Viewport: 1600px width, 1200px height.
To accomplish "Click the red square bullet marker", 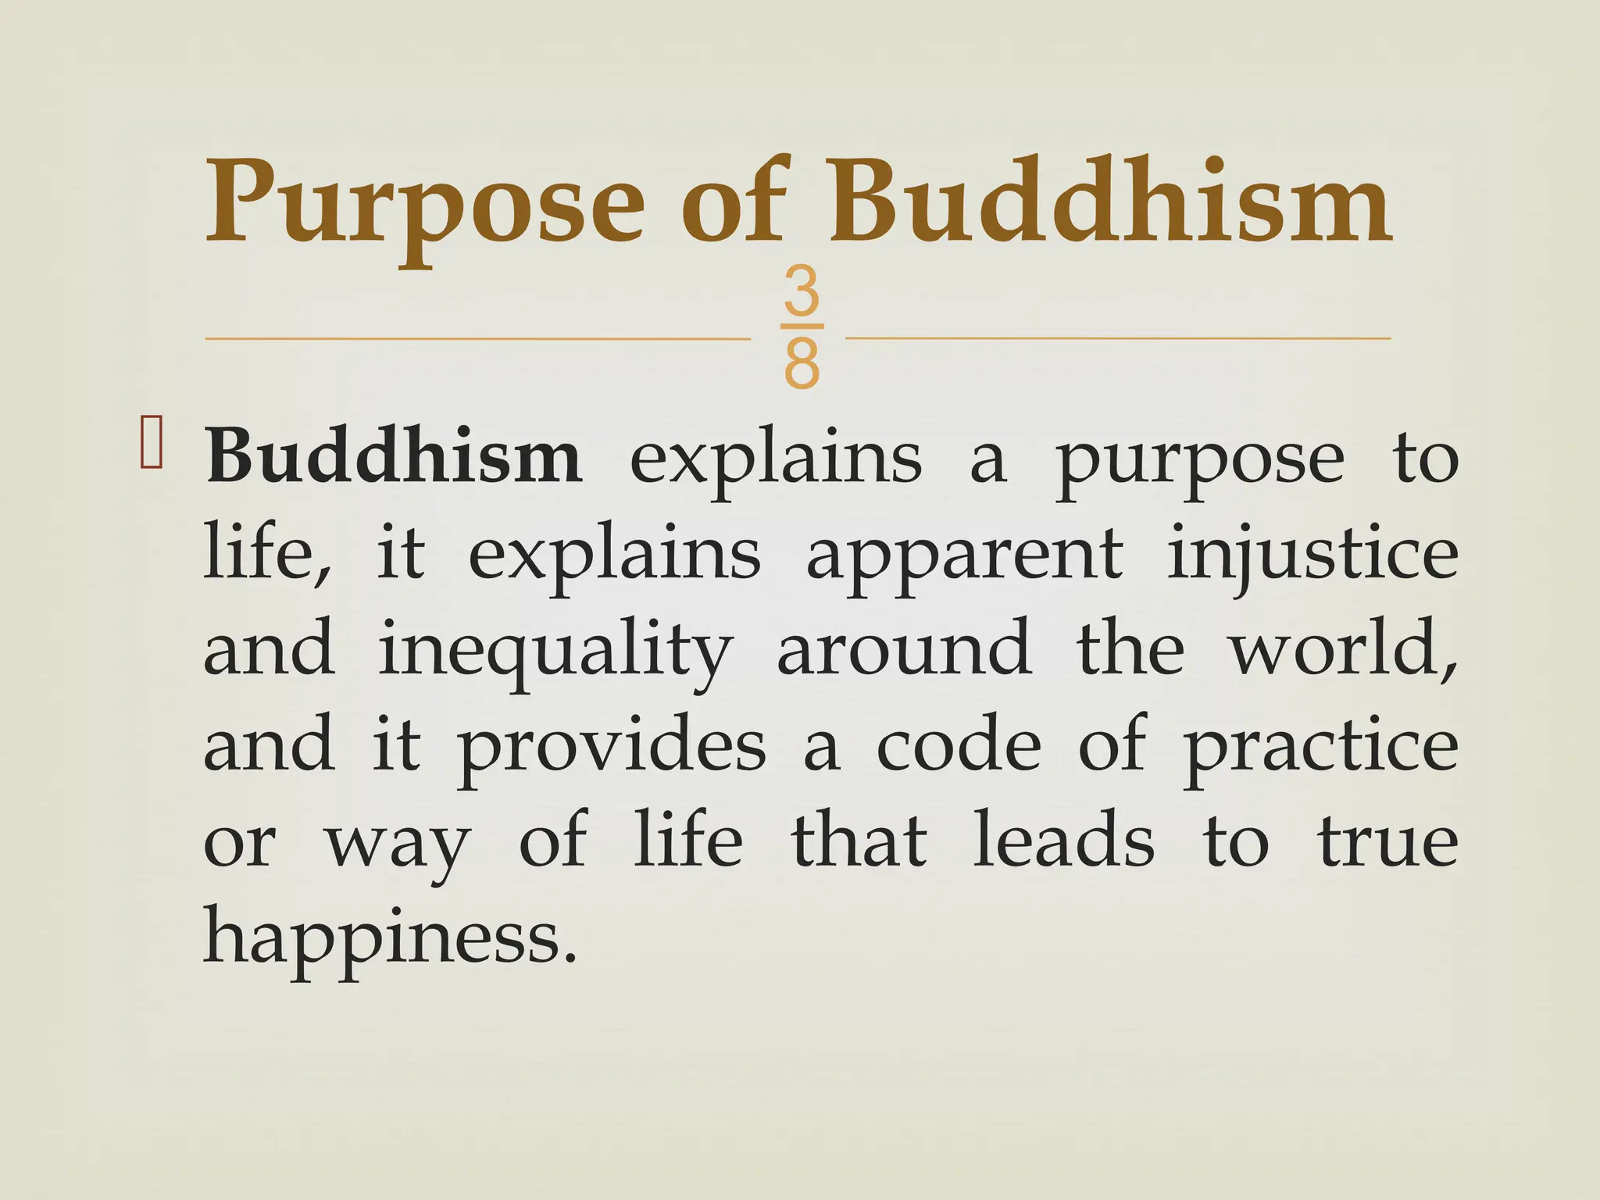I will [151, 443].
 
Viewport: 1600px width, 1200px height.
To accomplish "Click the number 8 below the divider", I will [802, 363].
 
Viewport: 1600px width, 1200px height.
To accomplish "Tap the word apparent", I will [964, 556].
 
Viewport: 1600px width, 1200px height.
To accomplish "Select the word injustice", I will [1312, 556].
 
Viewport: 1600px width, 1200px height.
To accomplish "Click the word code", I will [959, 746].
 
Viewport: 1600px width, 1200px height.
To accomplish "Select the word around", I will [904, 650].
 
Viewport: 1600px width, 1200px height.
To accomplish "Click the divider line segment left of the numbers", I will [477, 339].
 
